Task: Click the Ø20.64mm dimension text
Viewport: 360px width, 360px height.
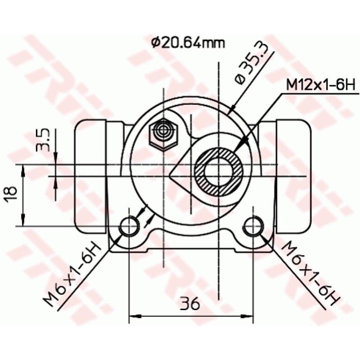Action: (x=188, y=43)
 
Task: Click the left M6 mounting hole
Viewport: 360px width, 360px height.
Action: (x=130, y=225)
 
